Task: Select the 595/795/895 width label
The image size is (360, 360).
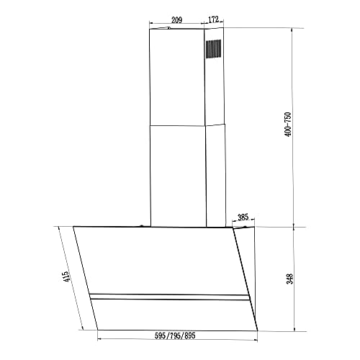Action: (x=175, y=336)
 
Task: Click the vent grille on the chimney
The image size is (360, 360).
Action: (x=214, y=48)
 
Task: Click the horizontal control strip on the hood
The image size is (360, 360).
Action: (x=170, y=297)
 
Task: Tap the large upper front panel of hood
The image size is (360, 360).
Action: (x=158, y=259)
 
